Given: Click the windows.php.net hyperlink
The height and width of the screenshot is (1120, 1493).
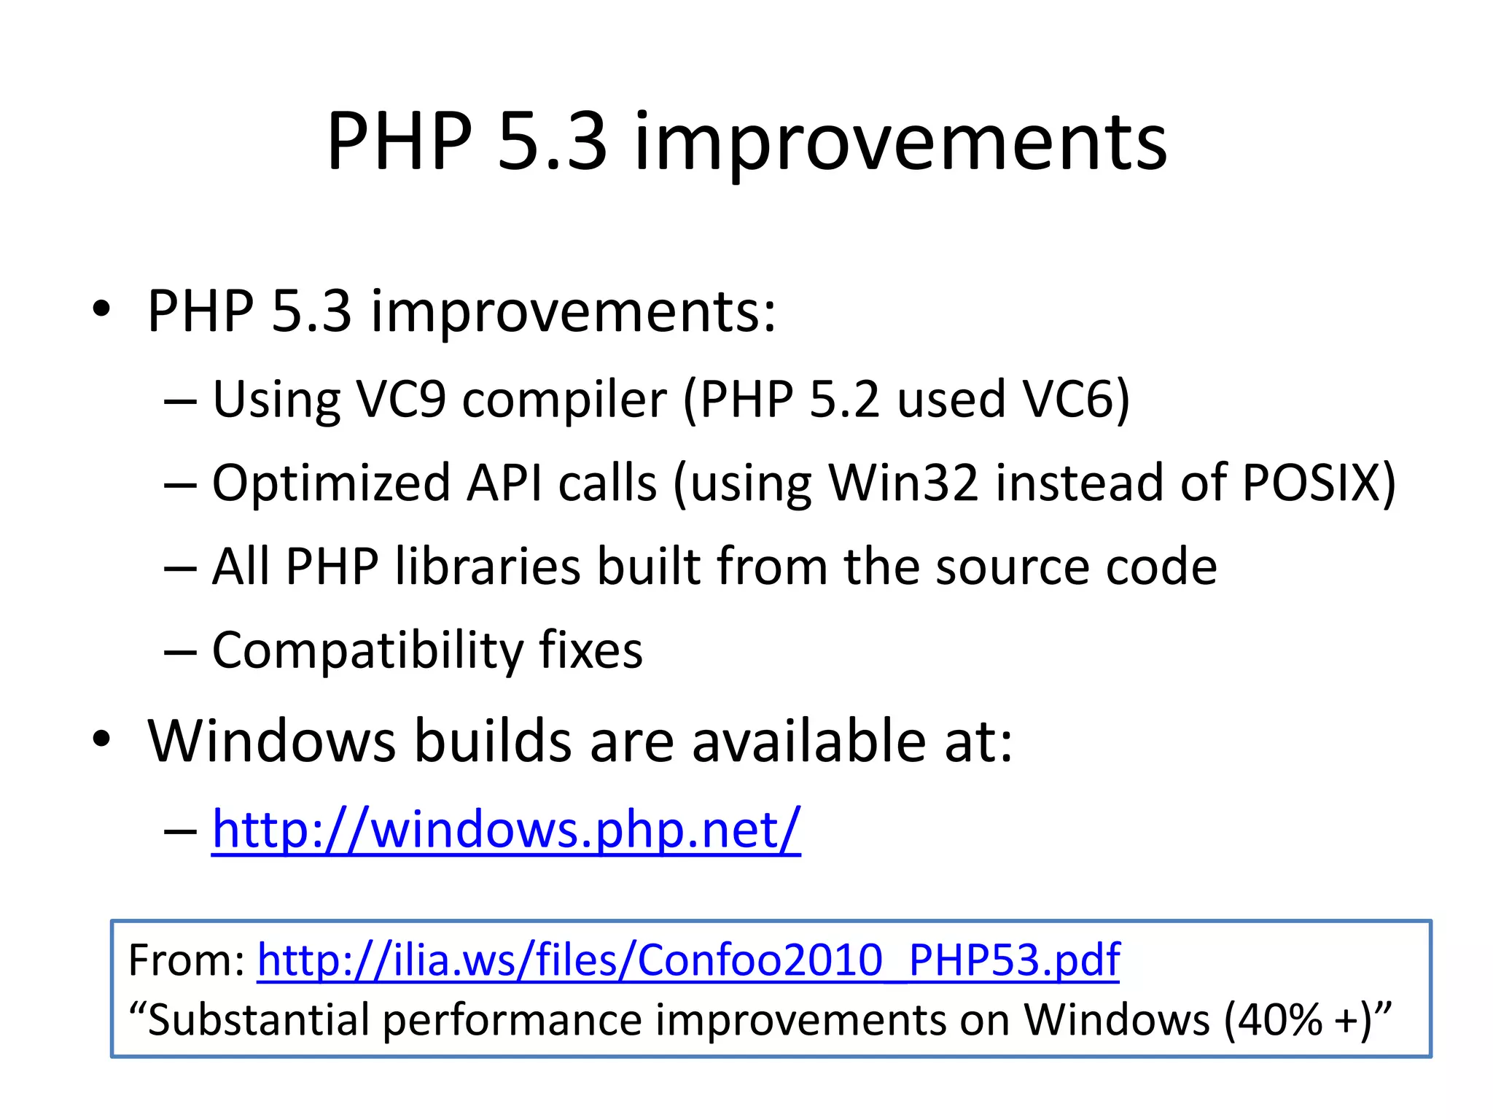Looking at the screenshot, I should click(x=506, y=829).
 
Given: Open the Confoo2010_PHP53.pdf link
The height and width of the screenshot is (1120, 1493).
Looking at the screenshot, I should click(x=688, y=960).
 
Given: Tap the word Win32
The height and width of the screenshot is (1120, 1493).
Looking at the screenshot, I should click(x=903, y=483).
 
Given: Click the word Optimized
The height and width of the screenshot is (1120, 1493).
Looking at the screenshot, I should click(x=331, y=484).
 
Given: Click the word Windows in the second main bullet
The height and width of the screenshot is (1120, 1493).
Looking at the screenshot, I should click(x=271, y=741).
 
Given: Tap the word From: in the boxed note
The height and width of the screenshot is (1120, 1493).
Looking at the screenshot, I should click(x=187, y=960).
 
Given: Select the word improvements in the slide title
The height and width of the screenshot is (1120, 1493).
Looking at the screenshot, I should click(x=900, y=142).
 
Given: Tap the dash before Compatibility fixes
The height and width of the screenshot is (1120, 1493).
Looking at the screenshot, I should click(x=180, y=651).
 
